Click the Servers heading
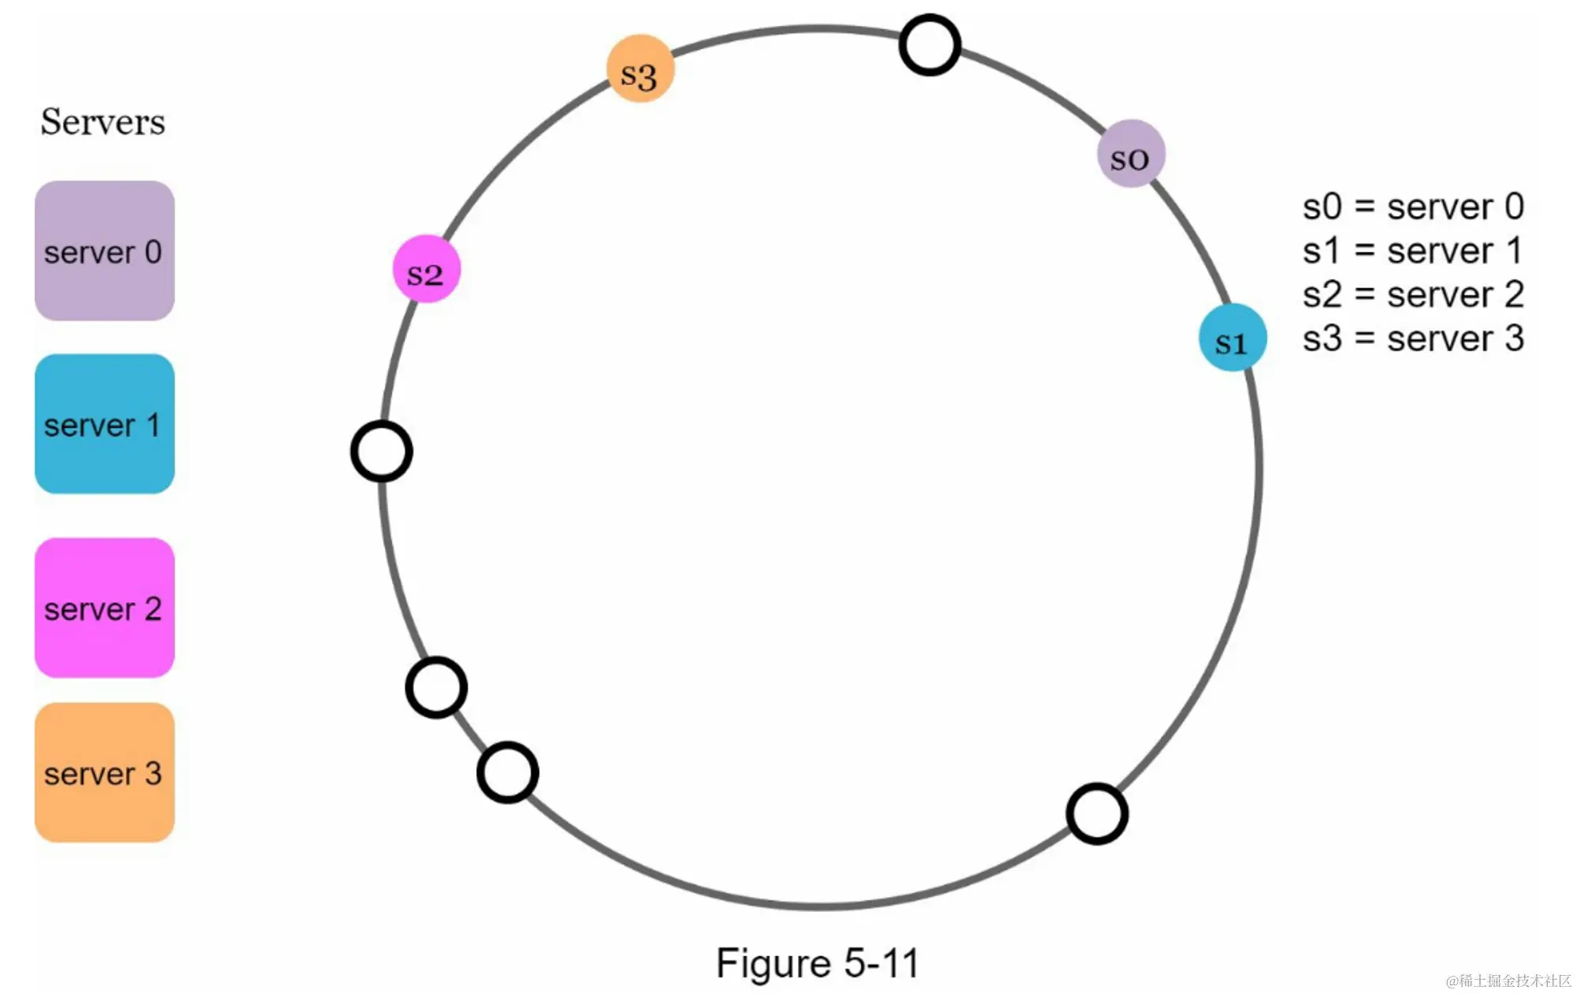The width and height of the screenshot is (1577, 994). coord(103,122)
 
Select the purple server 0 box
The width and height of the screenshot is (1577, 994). coord(105,251)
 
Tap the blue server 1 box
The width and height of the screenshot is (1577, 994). coord(105,424)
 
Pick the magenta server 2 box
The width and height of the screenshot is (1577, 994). coord(105,607)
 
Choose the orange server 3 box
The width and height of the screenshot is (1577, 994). coord(105,772)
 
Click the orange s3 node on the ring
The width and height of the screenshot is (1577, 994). coord(640,69)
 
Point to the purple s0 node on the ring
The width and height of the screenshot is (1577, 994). coord(1131,154)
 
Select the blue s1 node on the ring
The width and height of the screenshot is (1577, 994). coord(1232,338)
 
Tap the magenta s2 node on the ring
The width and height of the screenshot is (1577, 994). coord(427,269)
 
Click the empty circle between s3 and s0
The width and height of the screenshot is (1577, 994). coord(930,45)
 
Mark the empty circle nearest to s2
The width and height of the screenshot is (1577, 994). coord(382,451)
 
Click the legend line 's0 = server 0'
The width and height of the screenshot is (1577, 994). coord(1413,207)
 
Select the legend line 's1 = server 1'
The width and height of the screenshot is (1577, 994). coord(1413,251)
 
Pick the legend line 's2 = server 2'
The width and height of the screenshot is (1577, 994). coord(1413,295)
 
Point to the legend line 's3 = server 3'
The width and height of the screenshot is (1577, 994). coord(1413,338)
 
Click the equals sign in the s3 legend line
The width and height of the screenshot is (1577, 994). coord(1364,339)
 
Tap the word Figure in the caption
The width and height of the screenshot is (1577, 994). coord(774,964)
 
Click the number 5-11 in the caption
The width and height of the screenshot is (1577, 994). coord(882,964)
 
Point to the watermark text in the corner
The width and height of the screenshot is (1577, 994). coord(1508,981)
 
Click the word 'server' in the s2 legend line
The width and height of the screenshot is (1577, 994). coord(1440,295)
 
